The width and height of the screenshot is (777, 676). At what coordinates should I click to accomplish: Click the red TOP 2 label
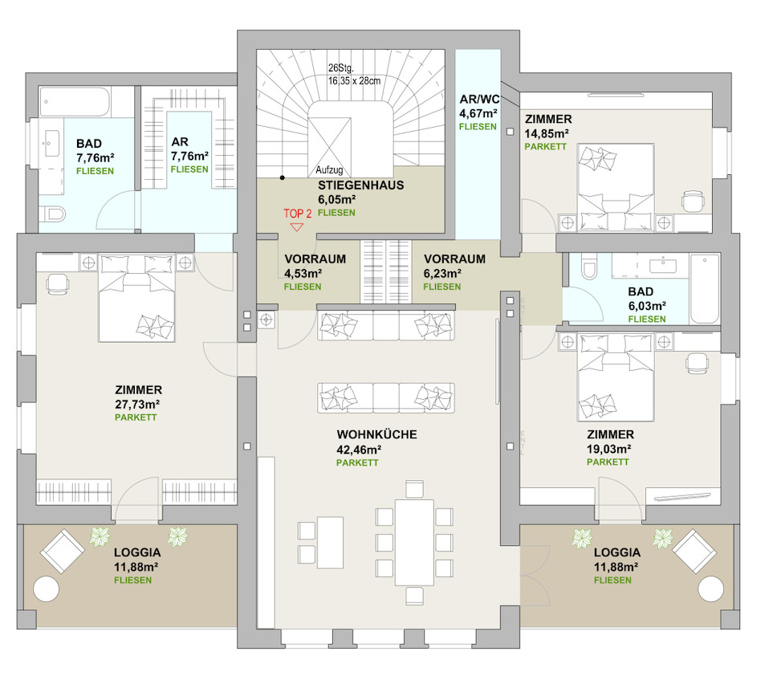point(297,214)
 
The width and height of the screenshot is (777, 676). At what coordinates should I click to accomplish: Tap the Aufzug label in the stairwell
point(330,170)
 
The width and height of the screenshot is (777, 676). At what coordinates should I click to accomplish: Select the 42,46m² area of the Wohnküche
point(359,450)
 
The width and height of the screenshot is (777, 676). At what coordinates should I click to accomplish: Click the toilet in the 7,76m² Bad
point(52,214)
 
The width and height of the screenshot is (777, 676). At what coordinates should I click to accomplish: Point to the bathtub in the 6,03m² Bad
point(704,288)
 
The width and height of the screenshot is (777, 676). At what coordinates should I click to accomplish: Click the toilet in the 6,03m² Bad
point(589,266)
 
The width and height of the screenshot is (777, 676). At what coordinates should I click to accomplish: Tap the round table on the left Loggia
point(46,588)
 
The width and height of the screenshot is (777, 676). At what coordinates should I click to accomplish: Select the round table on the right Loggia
point(711,588)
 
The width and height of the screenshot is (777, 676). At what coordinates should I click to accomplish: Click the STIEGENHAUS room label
point(360,185)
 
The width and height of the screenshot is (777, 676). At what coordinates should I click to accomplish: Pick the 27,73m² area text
point(137,404)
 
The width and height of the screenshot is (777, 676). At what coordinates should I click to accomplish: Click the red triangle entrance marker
point(297,227)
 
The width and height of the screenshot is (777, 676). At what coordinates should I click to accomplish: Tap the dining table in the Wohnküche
point(414,542)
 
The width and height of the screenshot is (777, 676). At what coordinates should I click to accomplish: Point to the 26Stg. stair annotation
point(341,68)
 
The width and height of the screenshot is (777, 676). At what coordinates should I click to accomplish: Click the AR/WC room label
point(479,99)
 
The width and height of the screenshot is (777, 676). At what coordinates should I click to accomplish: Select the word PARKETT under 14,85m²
point(546,147)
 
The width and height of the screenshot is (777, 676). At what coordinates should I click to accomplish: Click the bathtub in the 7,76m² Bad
point(75,102)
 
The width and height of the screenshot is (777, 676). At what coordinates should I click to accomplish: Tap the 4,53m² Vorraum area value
point(303,273)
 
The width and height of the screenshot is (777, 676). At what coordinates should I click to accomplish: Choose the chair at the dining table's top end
point(414,489)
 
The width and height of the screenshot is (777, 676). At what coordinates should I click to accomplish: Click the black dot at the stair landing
point(283,177)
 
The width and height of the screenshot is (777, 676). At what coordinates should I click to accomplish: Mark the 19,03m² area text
point(609,449)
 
